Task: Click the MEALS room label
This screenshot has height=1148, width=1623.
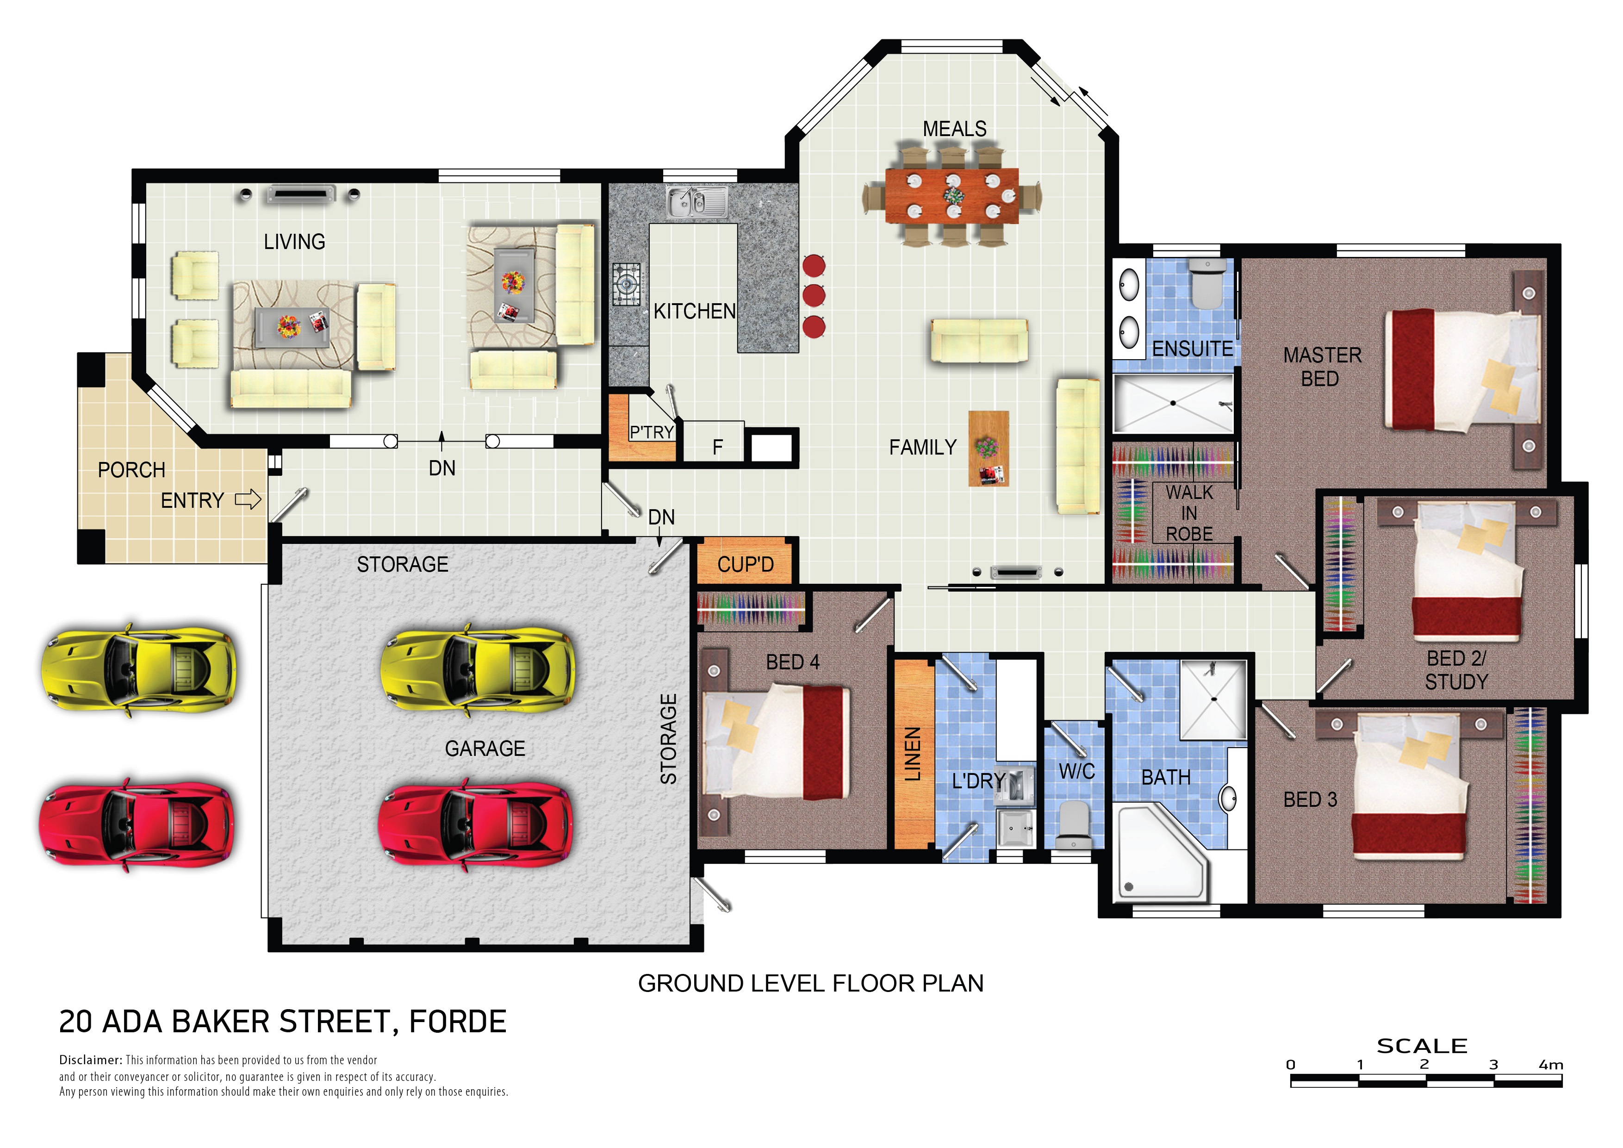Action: pos(954,129)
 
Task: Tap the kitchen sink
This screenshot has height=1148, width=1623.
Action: pos(696,202)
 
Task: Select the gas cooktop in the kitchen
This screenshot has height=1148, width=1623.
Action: pos(626,284)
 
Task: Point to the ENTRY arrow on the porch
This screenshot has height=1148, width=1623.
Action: pos(248,500)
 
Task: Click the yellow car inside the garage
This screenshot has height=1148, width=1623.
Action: pos(477,669)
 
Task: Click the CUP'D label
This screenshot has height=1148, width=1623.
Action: pos(745,564)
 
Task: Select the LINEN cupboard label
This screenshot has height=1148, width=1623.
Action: pos(913,754)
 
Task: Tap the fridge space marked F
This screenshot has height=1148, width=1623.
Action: pos(717,447)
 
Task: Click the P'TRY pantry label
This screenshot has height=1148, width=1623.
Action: pos(651,432)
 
